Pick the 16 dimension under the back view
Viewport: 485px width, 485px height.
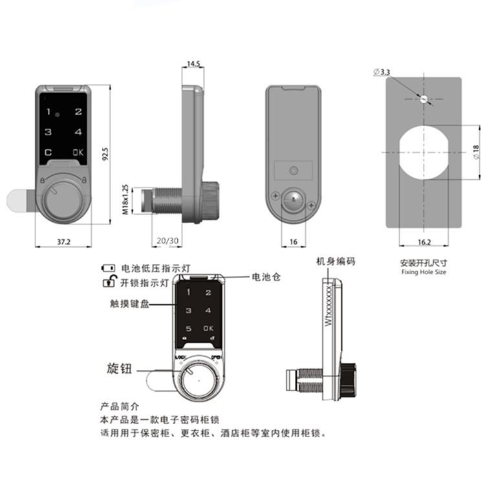[x=294, y=241]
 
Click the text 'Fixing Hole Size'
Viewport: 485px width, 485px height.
[x=424, y=272]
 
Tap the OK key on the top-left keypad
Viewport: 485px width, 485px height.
[x=78, y=153]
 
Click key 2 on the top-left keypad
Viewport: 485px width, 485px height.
[x=78, y=112]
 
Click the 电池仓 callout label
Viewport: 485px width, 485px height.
[x=266, y=277]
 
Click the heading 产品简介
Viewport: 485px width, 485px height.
[x=121, y=407]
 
